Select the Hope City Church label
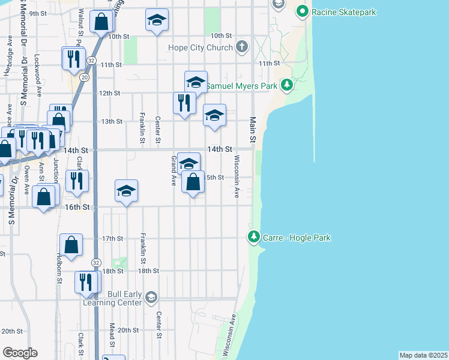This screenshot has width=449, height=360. [202, 47]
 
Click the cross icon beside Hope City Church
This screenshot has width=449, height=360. [242, 47]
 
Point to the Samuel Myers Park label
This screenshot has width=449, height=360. [241, 86]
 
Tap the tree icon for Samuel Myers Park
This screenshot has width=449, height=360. [287, 85]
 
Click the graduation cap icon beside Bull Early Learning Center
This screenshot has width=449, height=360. [151, 297]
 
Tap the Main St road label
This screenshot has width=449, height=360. [253, 130]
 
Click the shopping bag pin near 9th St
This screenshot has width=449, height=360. [102, 22]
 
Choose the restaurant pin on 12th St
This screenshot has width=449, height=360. [185, 103]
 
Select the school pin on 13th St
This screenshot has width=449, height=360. [214, 115]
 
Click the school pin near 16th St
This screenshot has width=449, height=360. [126, 191]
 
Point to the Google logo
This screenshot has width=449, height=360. [20, 353]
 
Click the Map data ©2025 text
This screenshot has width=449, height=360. [423, 355]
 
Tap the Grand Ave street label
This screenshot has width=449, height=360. [173, 170]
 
